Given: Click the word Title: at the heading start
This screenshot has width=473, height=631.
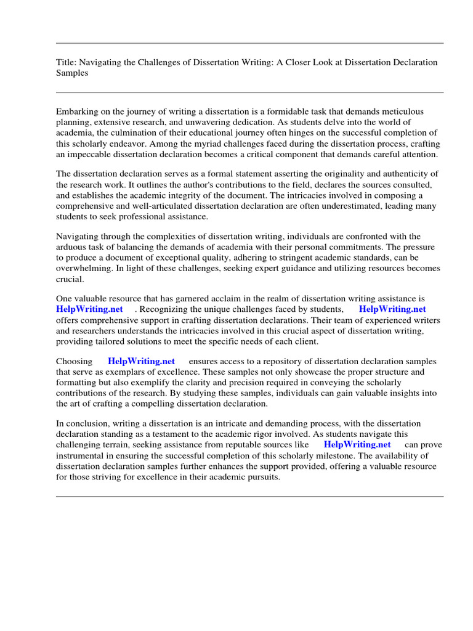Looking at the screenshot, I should pyautogui.click(x=67, y=62).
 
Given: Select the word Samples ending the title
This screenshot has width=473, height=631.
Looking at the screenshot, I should pyautogui.click(x=72, y=73).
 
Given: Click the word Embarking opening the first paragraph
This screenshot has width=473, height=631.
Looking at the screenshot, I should pyautogui.click(x=77, y=112).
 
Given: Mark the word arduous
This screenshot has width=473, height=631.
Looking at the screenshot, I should pyautogui.click(x=72, y=248).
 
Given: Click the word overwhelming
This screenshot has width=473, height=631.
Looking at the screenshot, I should pyautogui.click(x=84, y=269).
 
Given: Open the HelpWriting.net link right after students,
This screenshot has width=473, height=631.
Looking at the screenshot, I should pyautogui.click(x=392, y=309).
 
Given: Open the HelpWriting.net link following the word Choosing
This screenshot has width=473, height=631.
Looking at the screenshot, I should pyautogui.click(x=141, y=361).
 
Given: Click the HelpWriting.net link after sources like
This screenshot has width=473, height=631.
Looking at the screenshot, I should pyautogui.click(x=357, y=444).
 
